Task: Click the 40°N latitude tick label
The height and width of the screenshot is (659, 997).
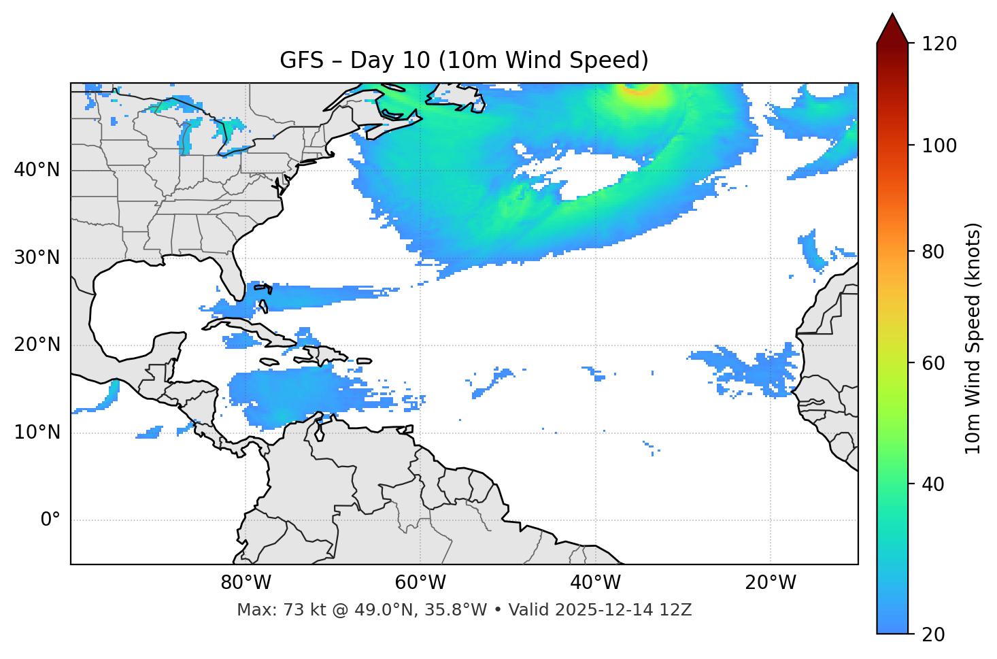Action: click(x=37, y=170)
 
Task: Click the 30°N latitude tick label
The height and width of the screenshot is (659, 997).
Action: click(x=37, y=258)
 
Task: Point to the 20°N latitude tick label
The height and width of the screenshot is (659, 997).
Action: click(x=37, y=345)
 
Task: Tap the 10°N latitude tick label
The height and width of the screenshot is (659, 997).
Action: click(x=37, y=433)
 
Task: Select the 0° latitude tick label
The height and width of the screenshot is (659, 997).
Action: click(x=50, y=520)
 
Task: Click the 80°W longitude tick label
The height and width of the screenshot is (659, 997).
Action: click(x=246, y=583)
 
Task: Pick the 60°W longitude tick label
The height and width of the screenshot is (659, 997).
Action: click(x=420, y=583)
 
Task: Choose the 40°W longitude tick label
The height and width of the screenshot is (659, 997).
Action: click(x=595, y=583)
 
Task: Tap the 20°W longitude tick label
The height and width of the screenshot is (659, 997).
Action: click(x=771, y=583)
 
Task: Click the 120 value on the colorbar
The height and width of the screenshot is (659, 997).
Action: click(x=939, y=44)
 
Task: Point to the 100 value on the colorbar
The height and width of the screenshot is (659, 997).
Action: click(x=939, y=146)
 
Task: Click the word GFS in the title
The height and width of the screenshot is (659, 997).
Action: click(x=301, y=61)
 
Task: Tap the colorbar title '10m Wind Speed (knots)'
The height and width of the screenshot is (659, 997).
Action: click(x=973, y=338)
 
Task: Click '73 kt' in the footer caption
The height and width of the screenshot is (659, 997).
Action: click(x=294, y=610)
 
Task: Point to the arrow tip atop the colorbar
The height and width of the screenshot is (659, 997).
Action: click(x=892, y=14)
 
